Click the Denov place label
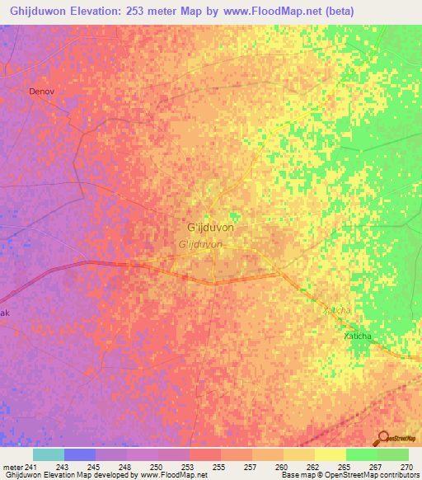pos(41,92)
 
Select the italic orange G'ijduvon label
pos(200,245)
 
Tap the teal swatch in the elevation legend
pos(49,454)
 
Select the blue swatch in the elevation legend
pos(80,454)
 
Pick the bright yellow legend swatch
pos(331,454)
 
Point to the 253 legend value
pos(196,467)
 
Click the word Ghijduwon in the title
pos(35,11)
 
